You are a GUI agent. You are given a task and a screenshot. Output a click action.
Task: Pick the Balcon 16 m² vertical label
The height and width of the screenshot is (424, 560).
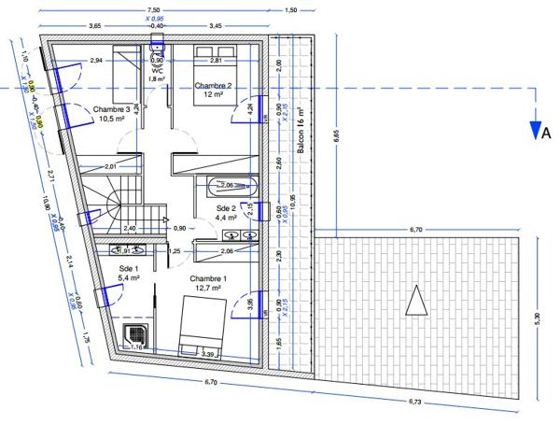pyautogui.click(x=301, y=132)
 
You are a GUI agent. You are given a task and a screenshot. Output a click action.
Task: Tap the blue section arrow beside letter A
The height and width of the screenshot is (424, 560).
pyautogui.click(x=535, y=126)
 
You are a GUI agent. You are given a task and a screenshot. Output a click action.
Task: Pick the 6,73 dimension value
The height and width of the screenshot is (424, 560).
pyautogui.click(x=414, y=402)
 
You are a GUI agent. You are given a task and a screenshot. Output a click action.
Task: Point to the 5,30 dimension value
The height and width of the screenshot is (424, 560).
pyautogui.click(x=536, y=318)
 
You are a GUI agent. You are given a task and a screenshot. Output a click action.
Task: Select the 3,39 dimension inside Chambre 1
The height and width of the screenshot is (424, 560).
pyautogui.click(x=207, y=355)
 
